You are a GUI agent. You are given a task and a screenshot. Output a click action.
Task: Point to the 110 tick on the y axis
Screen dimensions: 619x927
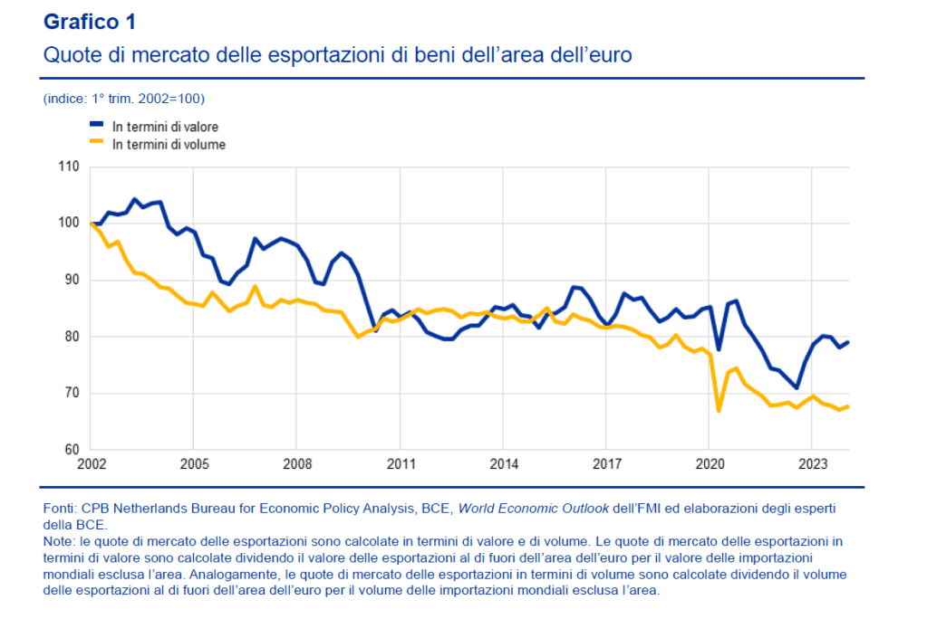click(x=69, y=167)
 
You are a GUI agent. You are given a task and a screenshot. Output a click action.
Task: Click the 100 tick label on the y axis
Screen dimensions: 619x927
click(x=69, y=224)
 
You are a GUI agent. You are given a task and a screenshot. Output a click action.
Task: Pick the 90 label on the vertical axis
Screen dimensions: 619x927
click(x=72, y=281)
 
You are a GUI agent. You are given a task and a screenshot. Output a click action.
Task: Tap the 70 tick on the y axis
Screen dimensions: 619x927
click(x=72, y=394)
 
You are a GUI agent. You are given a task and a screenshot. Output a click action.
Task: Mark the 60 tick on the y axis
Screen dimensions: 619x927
click(x=72, y=450)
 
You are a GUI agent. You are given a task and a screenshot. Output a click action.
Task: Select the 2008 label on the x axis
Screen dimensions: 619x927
click(x=297, y=465)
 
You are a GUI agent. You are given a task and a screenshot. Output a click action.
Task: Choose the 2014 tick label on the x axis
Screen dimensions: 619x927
click(x=504, y=465)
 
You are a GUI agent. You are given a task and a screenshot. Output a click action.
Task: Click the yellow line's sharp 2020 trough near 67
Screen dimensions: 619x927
click(x=718, y=411)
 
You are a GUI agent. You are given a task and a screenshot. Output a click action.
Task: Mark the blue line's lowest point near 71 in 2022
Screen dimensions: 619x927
click(x=797, y=388)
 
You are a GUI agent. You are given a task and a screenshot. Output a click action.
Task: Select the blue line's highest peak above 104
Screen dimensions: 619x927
click(x=134, y=199)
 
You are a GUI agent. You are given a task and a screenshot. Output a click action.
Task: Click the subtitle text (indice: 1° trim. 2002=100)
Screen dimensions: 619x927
click(x=123, y=98)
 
